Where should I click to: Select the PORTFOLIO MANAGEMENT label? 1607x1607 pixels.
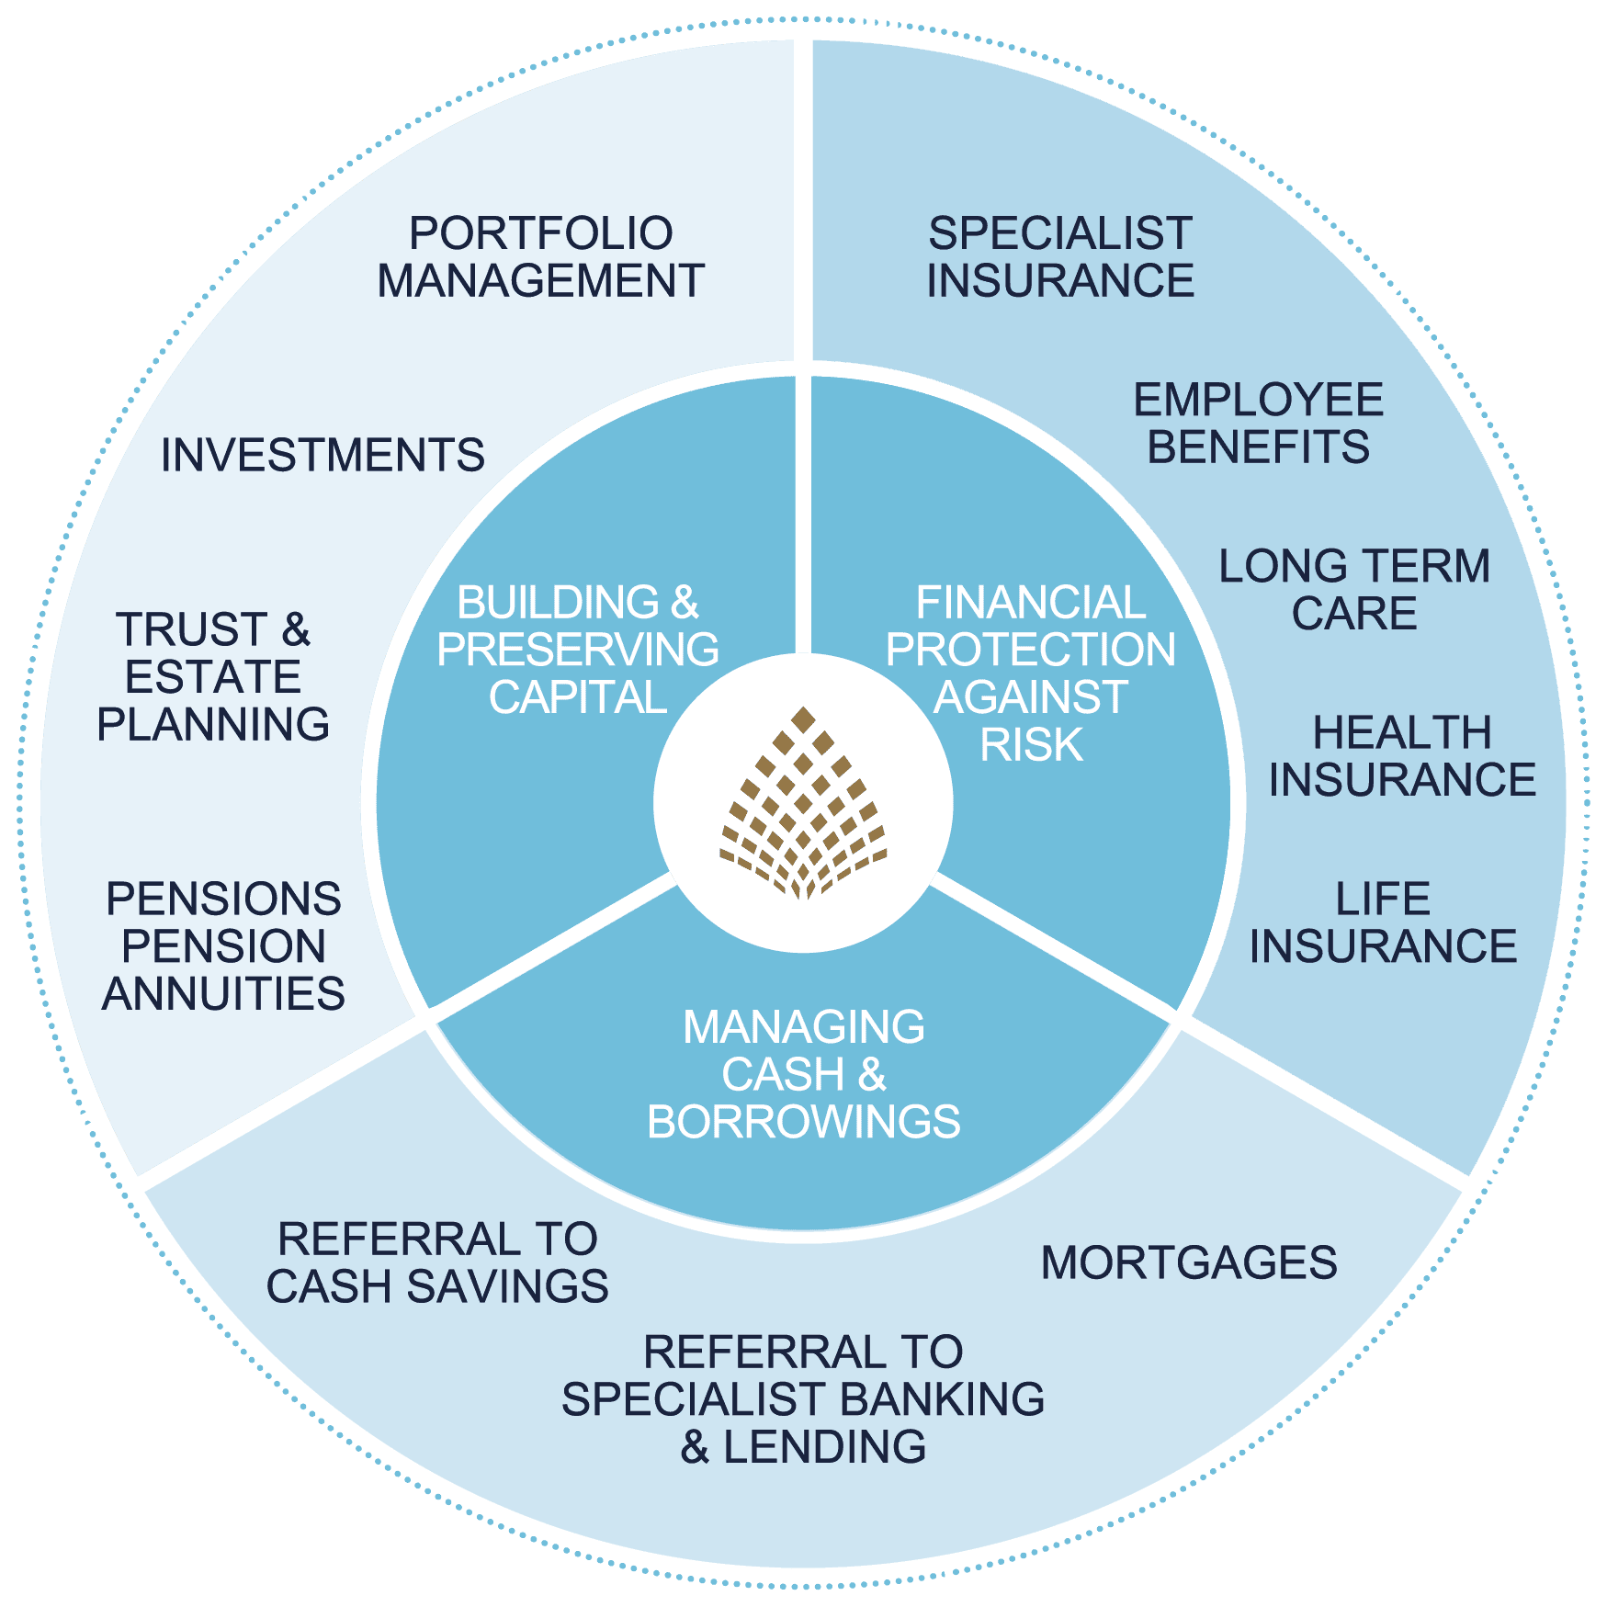540,257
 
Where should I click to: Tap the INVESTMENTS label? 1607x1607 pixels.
323,455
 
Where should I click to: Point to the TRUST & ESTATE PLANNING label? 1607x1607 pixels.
213,677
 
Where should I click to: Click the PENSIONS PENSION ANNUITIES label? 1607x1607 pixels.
223,946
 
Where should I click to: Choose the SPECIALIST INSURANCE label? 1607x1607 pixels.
1060,257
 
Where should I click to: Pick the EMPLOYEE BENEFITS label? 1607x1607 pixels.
1259,424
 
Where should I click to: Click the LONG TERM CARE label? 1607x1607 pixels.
1354,590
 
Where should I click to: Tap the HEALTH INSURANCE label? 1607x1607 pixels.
1402,756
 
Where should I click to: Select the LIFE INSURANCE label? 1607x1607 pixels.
1383,922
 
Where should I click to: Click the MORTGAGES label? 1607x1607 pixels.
1189,1262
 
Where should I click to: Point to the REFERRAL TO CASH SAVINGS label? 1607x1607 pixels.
437,1262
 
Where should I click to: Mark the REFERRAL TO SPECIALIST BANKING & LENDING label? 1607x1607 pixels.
803,1399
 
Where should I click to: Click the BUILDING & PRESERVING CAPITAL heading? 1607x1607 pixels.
578,650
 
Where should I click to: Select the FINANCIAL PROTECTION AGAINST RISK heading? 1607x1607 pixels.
1031,673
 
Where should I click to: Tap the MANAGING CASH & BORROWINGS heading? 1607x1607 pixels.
804,1074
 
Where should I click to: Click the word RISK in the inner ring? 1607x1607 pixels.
1032,745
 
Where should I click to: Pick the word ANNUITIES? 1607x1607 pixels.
223,994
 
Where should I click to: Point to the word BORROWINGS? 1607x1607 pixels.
804,1122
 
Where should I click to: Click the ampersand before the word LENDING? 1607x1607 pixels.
696,1447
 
